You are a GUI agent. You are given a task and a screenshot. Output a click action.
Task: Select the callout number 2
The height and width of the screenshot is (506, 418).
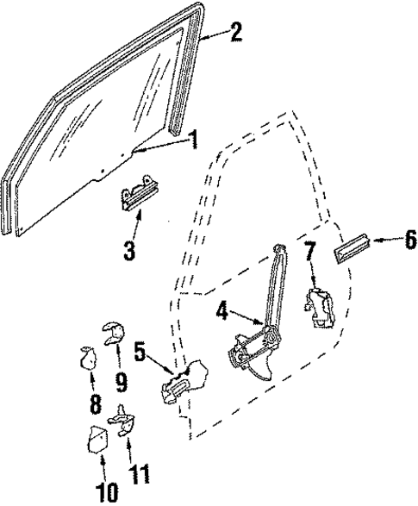pos(237,34)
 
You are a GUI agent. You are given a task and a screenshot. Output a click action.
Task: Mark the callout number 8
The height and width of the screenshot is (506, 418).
pos(93,403)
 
